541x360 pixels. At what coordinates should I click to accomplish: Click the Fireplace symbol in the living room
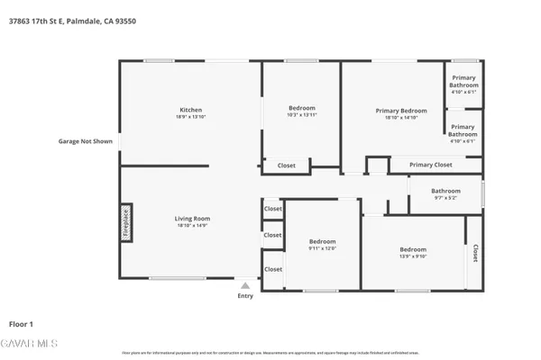pyautogui.click(x=126, y=222)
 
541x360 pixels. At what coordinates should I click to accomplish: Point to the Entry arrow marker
pyautogui.click(x=244, y=286)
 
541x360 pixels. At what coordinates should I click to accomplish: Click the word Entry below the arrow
pyautogui.click(x=245, y=296)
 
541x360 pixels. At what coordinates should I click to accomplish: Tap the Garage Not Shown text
pyautogui.click(x=86, y=141)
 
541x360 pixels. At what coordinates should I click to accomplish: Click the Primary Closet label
pyautogui.click(x=430, y=165)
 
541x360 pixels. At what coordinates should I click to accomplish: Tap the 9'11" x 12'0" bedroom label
pyautogui.click(x=322, y=244)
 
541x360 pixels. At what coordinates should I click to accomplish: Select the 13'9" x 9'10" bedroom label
pyautogui.click(x=413, y=252)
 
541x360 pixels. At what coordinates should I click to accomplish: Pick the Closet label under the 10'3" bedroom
pyautogui.click(x=286, y=166)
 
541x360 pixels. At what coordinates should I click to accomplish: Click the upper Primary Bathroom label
pyautogui.click(x=463, y=82)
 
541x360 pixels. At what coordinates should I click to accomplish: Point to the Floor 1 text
pyautogui.click(x=21, y=323)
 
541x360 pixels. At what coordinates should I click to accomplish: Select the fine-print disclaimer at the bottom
pyautogui.click(x=270, y=352)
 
